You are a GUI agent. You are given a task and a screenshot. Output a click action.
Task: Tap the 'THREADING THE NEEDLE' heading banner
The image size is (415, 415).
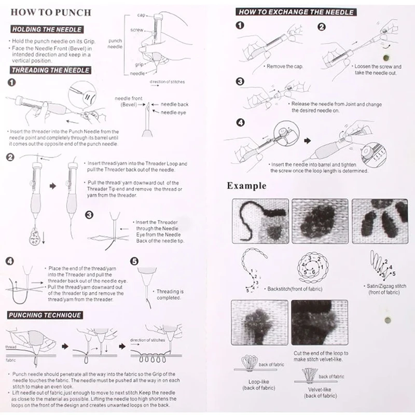pyautogui.click(x=50, y=70)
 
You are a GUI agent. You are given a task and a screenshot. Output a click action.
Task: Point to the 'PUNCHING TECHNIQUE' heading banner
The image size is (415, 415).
pyautogui.click(x=44, y=315)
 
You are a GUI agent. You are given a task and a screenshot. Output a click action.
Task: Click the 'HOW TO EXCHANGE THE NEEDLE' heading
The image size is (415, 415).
pyautogui.click(x=296, y=12)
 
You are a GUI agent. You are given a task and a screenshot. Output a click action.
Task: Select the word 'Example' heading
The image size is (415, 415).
pyautogui.click(x=247, y=185)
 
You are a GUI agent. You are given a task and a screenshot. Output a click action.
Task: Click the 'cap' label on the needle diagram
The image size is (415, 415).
pyautogui.click(x=141, y=17)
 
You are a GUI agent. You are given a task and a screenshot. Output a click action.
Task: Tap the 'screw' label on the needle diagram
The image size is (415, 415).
pyautogui.click(x=137, y=30)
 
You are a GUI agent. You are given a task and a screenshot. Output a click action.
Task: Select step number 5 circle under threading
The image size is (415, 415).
pyautogui.click(x=134, y=261)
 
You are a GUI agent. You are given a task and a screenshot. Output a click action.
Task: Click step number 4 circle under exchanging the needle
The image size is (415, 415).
pyautogui.click(x=240, y=123)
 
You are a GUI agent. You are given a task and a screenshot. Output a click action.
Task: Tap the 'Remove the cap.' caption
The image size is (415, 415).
pyautogui.click(x=284, y=66)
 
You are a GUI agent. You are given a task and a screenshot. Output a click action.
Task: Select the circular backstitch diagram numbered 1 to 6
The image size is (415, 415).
pyautogui.click(x=310, y=267)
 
